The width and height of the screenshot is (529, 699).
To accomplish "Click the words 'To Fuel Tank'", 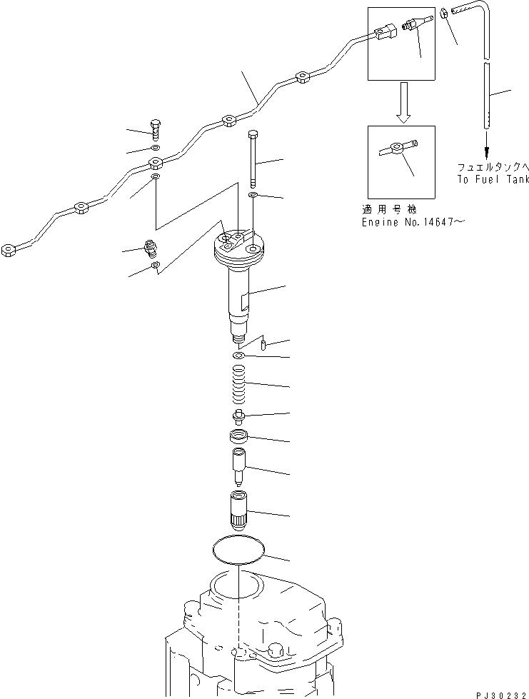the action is [493, 179].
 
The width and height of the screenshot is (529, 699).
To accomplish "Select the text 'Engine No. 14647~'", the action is [413, 221].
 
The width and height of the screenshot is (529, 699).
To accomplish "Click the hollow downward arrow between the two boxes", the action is [404, 102].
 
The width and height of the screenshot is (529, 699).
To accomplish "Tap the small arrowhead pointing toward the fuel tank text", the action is [487, 152].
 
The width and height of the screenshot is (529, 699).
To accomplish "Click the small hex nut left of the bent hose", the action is [444, 14].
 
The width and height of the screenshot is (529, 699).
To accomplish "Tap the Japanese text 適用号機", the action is [390, 209].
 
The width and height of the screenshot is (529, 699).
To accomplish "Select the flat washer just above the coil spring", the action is [238, 356].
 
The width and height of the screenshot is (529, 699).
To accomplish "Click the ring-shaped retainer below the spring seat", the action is [238, 436].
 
